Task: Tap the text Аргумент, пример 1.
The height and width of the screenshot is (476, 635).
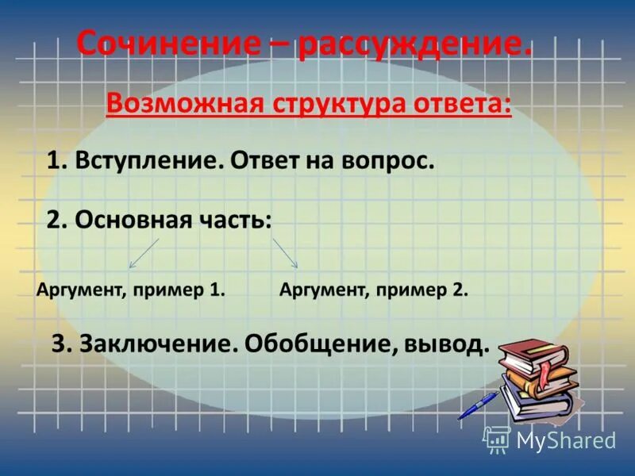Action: [x=132, y=290]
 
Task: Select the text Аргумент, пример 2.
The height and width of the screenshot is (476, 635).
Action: [x=374, y=290]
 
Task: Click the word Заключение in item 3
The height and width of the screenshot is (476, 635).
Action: [x=155, y=344]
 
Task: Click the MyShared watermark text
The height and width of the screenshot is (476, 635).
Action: [x=565, y=440]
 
